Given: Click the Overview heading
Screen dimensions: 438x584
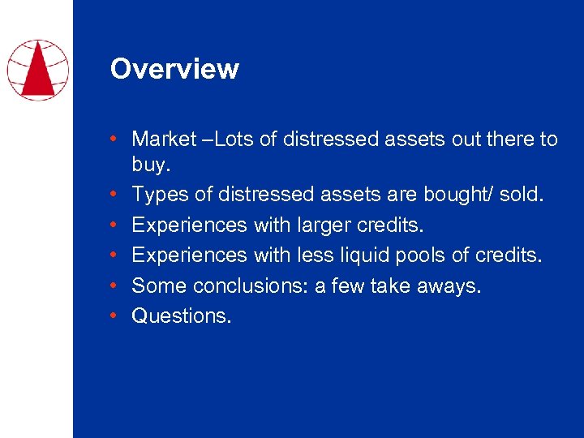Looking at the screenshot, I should [174, 69].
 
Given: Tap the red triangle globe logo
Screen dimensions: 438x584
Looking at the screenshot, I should [37, 69].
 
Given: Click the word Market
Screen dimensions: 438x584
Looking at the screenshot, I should [164, 140].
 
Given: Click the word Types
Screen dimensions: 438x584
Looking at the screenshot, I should [157, 195].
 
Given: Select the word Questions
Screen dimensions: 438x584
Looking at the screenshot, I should [182, 316].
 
